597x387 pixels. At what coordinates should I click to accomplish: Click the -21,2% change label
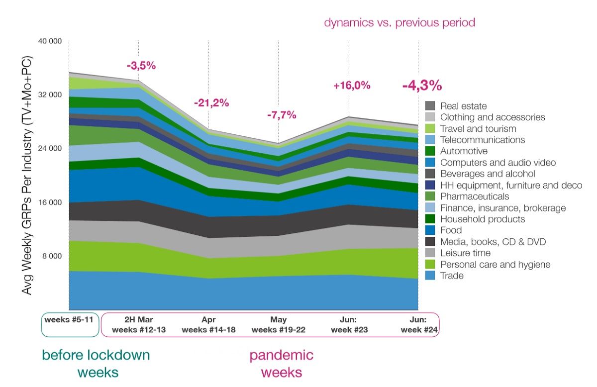click(x=211, y=103)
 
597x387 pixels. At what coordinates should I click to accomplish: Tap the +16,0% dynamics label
click(x=352, y=86)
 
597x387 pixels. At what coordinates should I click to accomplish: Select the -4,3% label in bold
click(x=422, y=85)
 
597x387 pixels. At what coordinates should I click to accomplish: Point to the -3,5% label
click(x=141, y=66)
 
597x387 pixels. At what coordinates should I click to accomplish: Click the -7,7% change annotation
click(x=282, y=115)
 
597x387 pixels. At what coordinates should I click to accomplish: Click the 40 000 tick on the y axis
click(x=50, y=41)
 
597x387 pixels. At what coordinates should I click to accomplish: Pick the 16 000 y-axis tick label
click(x=50, y=202)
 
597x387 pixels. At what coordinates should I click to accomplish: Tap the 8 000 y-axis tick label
click(x=52, y=256)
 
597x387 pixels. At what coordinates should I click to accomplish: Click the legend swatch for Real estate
click(x=430, y=106)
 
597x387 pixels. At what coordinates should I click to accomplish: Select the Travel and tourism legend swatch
click(x=430, y=128)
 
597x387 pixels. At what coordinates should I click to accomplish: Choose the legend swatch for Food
click(x=430, y=230)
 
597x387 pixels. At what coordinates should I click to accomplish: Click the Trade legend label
click(x=452, y=276)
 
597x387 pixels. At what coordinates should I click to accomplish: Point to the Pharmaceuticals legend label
click(x=475, y=196)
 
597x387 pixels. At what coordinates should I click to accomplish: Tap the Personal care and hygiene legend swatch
click(x=430, y=264)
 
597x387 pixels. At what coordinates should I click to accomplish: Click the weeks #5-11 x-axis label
click(x=69, y=319)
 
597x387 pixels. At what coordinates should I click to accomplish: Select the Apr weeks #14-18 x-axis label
click(x=208, y=325)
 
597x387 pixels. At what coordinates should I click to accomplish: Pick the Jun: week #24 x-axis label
click(x=419, y=325)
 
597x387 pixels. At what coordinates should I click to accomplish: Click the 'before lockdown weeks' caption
click(x=96, y=364)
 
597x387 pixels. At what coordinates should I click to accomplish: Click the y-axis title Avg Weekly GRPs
click(x=26, y=176)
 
